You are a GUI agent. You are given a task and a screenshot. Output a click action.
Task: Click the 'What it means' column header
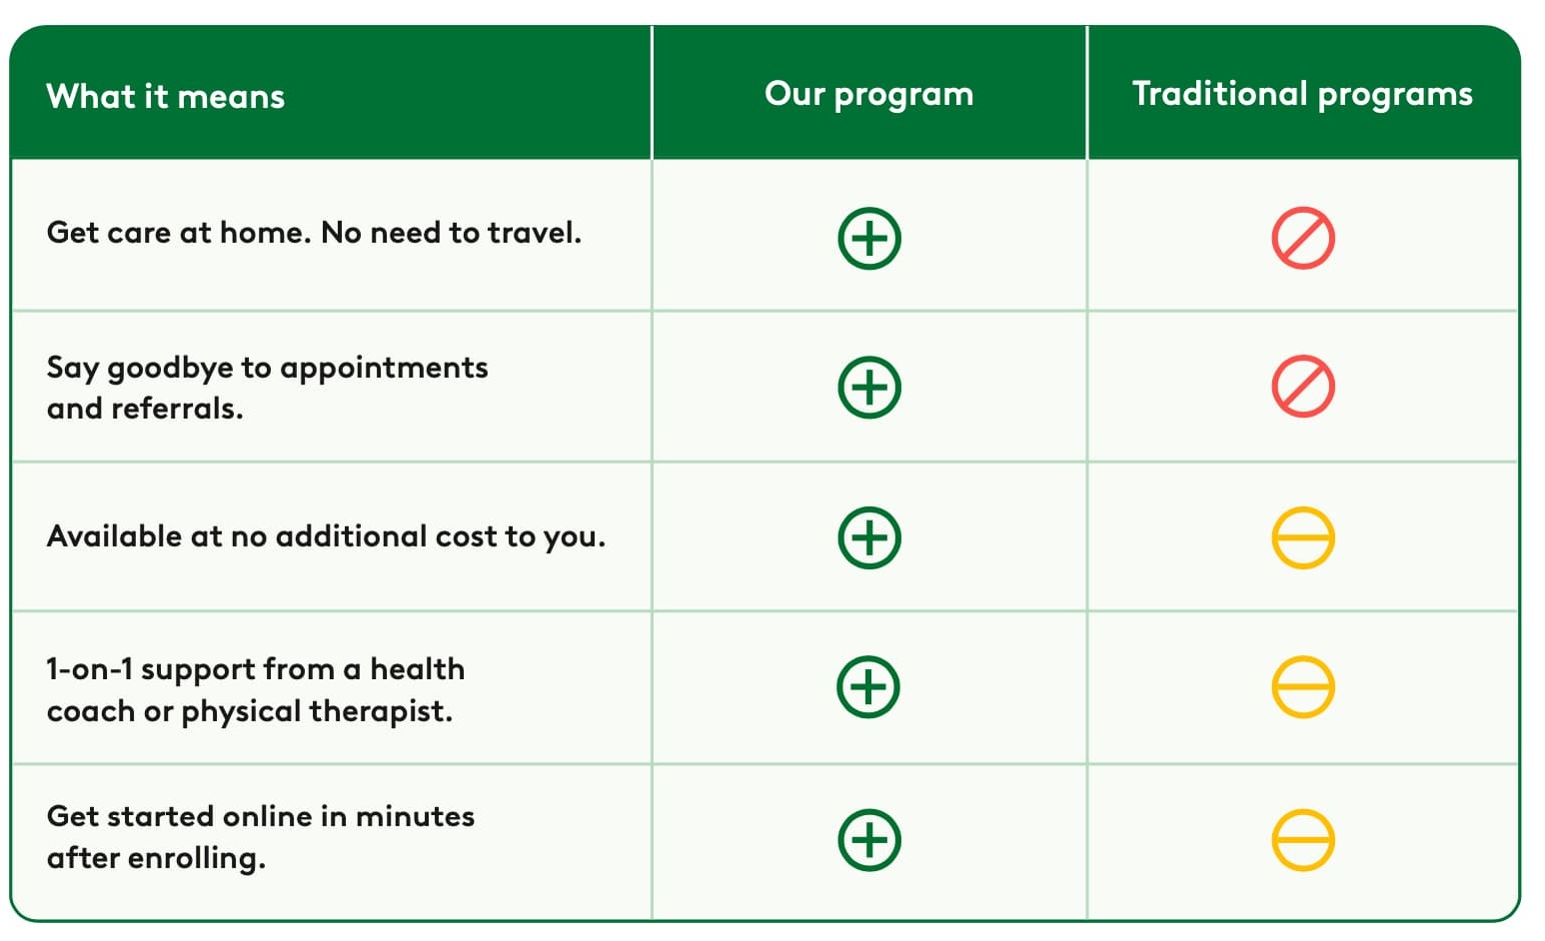point(166,96)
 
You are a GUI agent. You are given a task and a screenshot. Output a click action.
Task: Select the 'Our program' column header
point(868,94)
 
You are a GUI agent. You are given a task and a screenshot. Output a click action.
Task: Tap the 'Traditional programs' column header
point(1302,94)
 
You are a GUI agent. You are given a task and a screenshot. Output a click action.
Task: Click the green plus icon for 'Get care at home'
point(869,239)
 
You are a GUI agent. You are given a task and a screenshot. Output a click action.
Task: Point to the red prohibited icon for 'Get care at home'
point(1303,239)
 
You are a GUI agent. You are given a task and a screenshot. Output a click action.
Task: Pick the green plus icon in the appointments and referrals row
point(869,388)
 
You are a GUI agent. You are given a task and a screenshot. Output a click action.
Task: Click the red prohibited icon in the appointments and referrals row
point(1303,388)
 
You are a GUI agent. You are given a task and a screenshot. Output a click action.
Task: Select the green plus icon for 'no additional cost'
point(869,537)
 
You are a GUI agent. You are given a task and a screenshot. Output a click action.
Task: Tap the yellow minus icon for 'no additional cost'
point(1303,537)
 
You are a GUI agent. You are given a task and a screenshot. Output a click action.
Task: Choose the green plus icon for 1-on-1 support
point(868,687)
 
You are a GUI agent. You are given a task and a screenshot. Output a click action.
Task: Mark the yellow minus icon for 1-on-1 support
point(1303,687)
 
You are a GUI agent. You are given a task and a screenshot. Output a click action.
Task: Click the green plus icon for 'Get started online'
point(869,840)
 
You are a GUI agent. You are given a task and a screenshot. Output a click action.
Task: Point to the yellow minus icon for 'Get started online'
point(1303,840)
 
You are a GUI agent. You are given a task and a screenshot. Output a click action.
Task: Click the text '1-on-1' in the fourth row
point(89,669)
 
